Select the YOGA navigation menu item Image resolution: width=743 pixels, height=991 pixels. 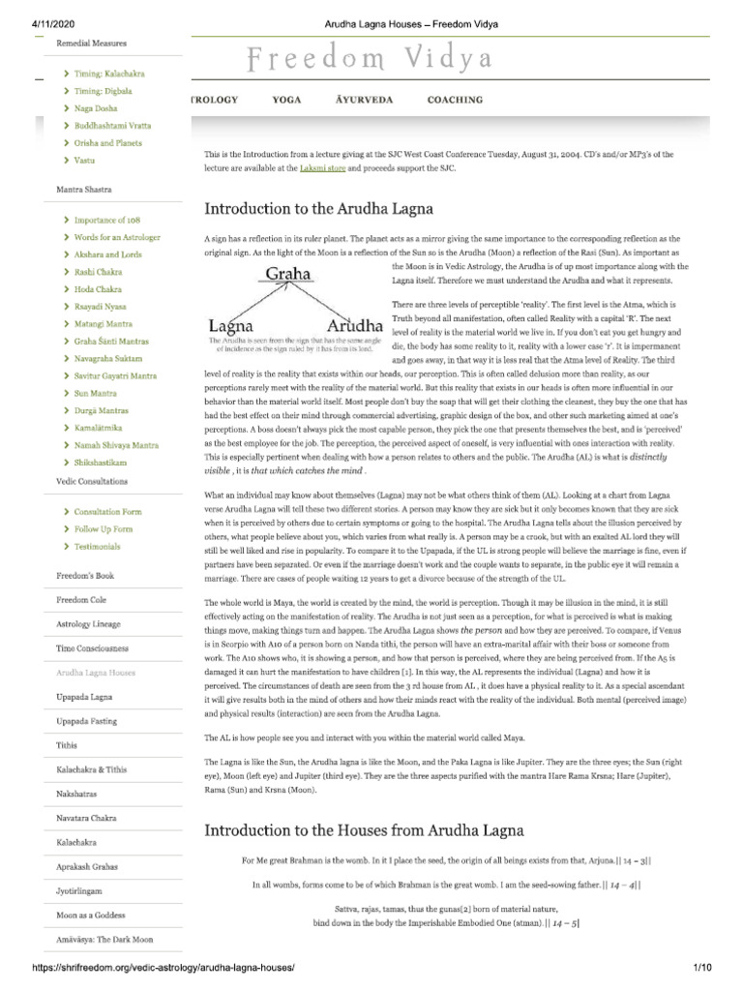coord(286,100)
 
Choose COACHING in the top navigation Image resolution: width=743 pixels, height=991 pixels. coord(455,100)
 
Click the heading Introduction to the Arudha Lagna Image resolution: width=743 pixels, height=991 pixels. coord(318,208)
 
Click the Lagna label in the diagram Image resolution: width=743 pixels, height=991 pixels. coord(231,324)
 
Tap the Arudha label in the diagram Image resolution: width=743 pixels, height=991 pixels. coord(355,324)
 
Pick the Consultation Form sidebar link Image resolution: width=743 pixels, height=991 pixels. coord(107,511)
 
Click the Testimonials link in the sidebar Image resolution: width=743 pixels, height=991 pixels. coord(97,546)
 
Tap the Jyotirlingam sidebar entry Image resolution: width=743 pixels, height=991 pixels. coord(79,889)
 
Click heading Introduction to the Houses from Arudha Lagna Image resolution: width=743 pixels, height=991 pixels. coord(363,829)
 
